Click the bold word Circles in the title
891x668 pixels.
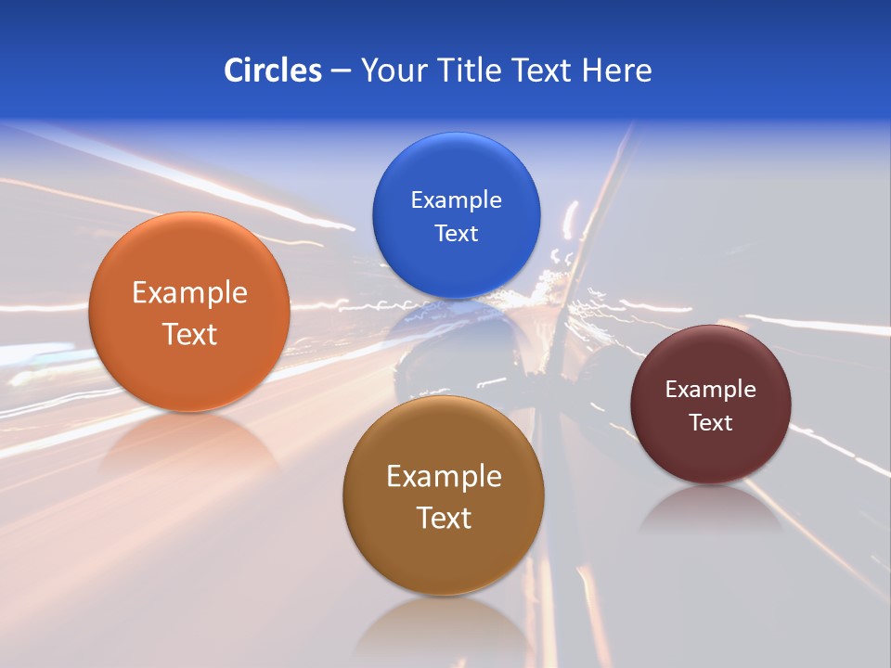click(273, 71)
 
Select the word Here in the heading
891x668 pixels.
click(616, 71)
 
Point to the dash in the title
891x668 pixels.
click(341, 71)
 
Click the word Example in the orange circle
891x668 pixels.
click(189, 293)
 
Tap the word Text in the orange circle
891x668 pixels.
click(189, 334)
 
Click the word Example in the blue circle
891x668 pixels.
click(456, 200)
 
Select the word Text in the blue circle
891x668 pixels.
click(456, 233)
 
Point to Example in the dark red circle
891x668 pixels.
click(711, 390)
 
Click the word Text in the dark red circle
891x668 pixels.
click(711, 423)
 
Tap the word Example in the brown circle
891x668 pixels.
click(444, 477)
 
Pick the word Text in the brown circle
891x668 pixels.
click(444, 518)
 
